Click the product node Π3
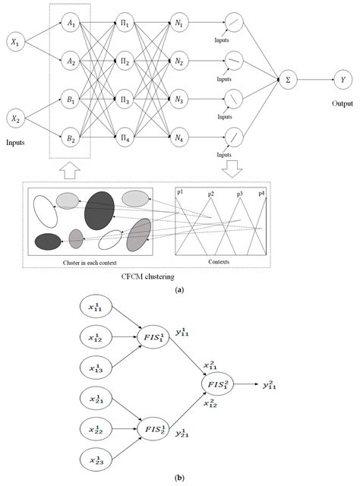126,99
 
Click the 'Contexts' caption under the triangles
221,259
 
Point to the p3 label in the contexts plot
240,194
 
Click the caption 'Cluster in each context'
90,259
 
